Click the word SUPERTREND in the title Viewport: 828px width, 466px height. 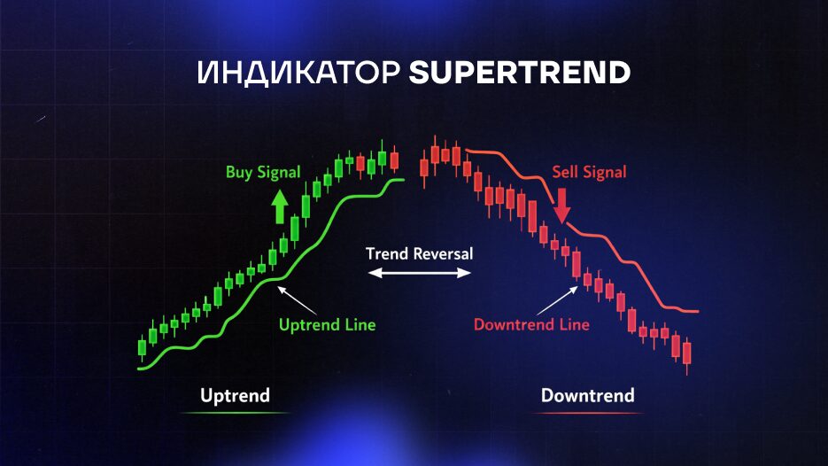[520, 73]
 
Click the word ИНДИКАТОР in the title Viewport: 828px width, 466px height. [298, 73]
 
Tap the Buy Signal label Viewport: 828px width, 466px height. [263, 172]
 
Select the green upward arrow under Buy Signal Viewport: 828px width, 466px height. [280, 206]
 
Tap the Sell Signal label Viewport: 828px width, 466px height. [589, 172]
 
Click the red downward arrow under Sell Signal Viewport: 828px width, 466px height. [561, 206]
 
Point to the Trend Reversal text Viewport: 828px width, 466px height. [419, 254]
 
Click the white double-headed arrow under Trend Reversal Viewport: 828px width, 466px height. [419, 273]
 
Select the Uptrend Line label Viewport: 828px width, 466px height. [328, 324]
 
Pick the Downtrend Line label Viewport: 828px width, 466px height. [531, 324]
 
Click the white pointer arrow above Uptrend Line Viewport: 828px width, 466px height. [297, 300]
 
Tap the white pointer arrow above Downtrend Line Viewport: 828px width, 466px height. [557, 300]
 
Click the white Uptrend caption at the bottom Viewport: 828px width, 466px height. [235, 396]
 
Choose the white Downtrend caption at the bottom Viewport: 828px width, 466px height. [588, 396]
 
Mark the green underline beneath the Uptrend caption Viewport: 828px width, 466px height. [235, 413]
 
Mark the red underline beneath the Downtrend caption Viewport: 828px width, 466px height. [588, 413]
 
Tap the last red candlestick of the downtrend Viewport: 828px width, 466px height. [687, 354]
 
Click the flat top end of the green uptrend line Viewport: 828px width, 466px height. [396, 180]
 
